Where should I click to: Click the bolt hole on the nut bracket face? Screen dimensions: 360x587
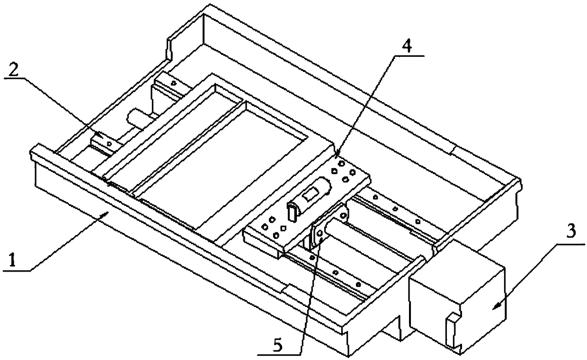pyautogui.click(x=320, y=232)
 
